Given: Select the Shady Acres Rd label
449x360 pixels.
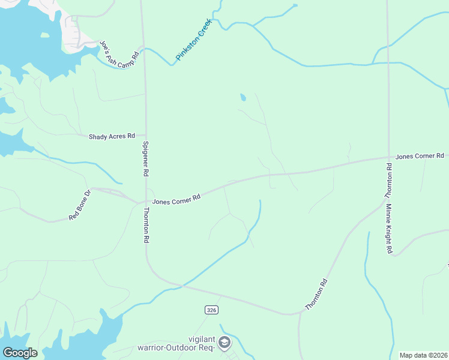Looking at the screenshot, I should (112, 137).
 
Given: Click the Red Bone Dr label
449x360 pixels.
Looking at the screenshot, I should (79, 205).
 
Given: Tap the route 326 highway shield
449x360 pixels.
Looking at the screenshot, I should (210, 310).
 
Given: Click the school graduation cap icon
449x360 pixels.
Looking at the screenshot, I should (224, 343).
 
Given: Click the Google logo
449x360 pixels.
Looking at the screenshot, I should (20, 353).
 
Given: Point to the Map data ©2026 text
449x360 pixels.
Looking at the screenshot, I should (424, 355).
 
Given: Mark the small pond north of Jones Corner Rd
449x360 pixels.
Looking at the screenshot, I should (243, 97).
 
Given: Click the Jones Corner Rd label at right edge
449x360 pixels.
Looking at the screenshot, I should (420, 156).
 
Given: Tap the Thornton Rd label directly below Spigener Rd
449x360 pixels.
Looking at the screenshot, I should (146, 225).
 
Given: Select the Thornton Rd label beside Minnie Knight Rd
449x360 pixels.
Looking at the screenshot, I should (388, 181).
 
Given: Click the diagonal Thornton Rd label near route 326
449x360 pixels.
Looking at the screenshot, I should (316, 294).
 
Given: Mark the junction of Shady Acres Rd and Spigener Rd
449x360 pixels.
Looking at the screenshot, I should (145, 136).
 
